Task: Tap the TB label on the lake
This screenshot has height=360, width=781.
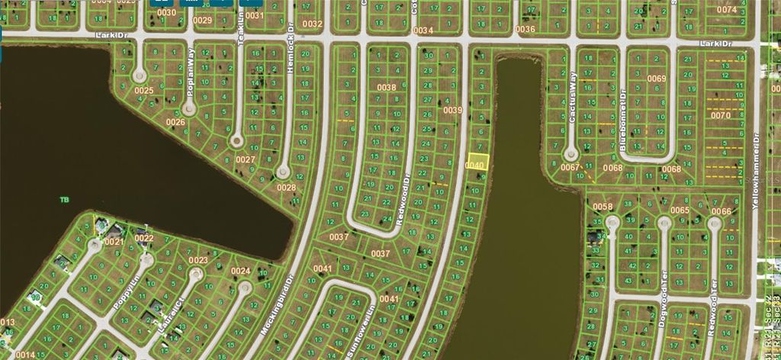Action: click(x=64, y=200)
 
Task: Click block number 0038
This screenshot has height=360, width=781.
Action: click(x=387, y=88)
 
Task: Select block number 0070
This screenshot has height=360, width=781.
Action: click(x=720, y=115)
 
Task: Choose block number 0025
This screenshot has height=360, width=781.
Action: click(x=145, y=91)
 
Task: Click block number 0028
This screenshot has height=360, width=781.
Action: click(x=286, y=188)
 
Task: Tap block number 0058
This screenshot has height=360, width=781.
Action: click(x=603, y=207)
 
